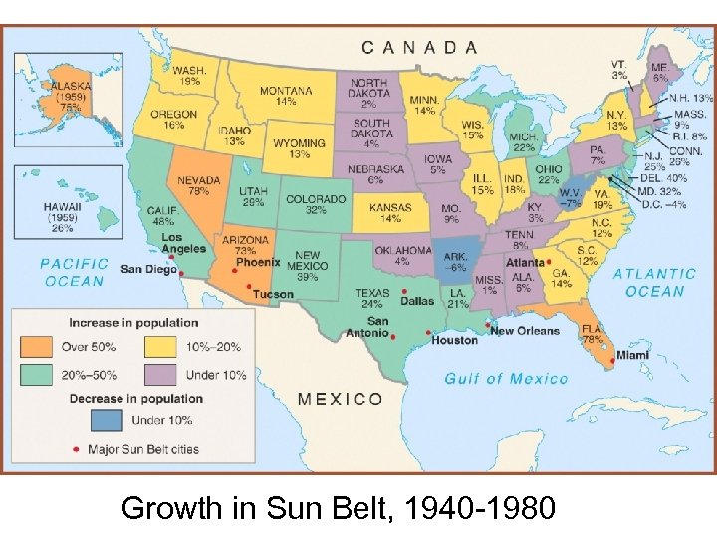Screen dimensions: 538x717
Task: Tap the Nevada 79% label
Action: pyautogui.click(x=199, y=184)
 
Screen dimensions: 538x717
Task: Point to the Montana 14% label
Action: pyautogui.click(x=285, y=96)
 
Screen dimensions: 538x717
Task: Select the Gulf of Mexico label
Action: pyautogui.click(x=506, y=378)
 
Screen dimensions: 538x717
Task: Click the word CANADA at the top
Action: pyautogui.click(x=419, y=47)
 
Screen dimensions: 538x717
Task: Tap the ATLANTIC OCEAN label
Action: pyautogui.click(x=654, y=282)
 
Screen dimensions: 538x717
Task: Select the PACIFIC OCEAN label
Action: pyautogui.click(x=73, y=272)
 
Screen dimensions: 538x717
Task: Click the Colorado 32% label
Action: pyautogui.click(x=315, y=204)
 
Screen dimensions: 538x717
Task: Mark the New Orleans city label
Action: pyautogui.click(x=525, y=330)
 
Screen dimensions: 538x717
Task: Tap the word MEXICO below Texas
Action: pyautogui.click(x=340, y=399)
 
